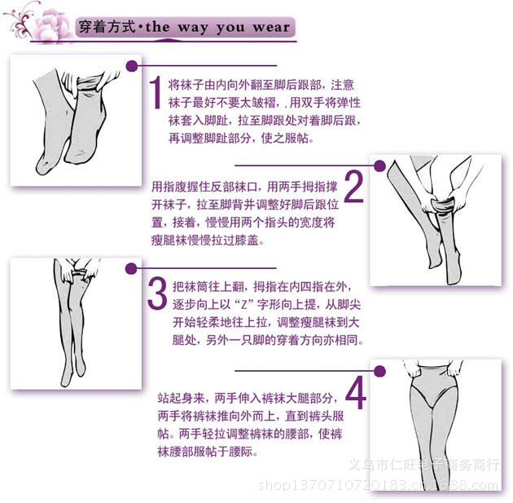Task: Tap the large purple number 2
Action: click(353, 186)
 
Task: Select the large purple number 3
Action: click(156, 293)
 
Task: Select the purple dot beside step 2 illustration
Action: click(379, 165)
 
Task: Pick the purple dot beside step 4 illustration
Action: click(379, 371)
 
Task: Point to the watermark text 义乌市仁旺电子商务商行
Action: click(423, 465)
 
